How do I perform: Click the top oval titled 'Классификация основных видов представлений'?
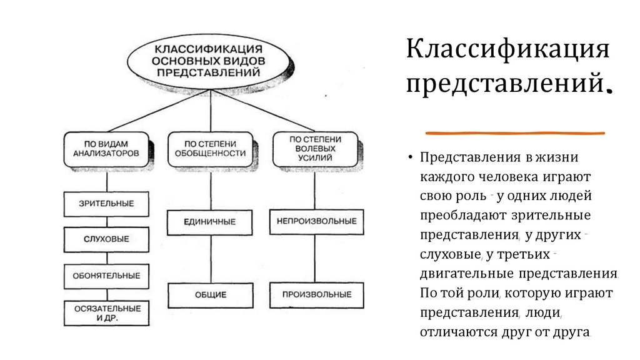click(x=208, y=61)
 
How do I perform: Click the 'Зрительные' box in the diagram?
click(x=106, y=204)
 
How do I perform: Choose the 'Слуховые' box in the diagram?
click(x=106, y=239)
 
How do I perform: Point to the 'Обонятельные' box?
click(x=106, y=276)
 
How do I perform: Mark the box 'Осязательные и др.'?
click(x=106, y=312)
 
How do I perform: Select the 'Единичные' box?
click(x=210, y=222)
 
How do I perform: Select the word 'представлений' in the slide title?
click(x=504, y=83)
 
